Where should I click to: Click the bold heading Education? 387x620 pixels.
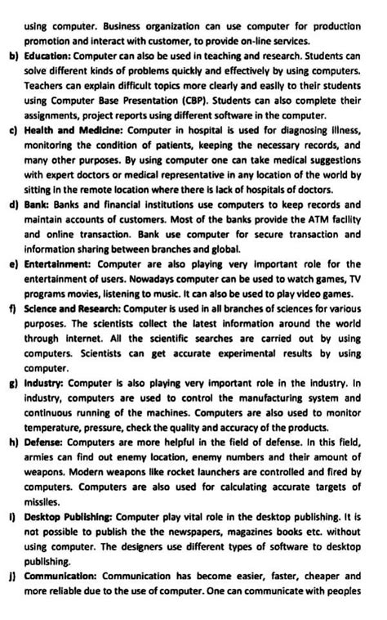pyautogui.click(x=51, y=56)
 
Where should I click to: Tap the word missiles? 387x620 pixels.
pyautogui.click(x=43, y=503)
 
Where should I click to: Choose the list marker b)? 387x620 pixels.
pyautogui.click(x=13, y=56)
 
